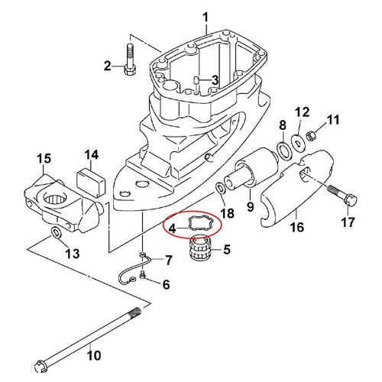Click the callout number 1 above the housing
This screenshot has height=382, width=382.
click(206, 18)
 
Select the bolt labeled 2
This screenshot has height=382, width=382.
click(130, 59)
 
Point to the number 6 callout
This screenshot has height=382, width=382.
click(167, 284)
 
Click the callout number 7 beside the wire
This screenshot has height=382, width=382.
click(169, 260)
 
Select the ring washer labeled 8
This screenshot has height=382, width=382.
click(283, 152)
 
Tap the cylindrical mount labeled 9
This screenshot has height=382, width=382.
click(252, 170)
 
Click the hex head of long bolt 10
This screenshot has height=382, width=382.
click(40, 366)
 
